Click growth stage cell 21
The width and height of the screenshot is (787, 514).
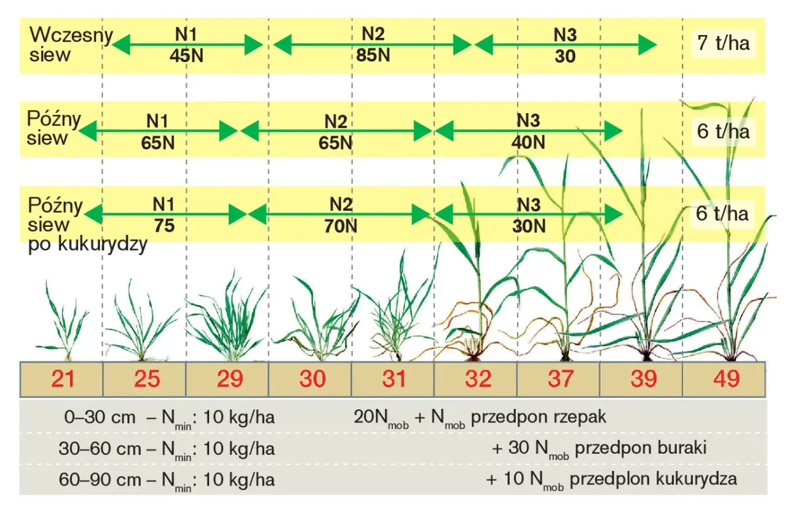pyautogui.click(x=61, y=379)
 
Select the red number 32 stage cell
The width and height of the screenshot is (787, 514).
pyautogui.click(x=475, y=379)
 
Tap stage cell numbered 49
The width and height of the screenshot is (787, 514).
pyautogui.click(x=724, y=379)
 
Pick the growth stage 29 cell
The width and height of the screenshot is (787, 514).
pyautogui.click(x=227, y=379)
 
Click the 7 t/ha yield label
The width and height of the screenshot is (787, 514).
pyautogui.click(x=724, y=43)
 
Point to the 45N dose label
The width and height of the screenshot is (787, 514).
pyautogui.click(x=186, y=55)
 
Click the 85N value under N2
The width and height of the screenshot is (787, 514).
pyautogui.click(x=373, y=55)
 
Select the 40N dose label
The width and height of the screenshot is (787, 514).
pyautogui.click(x=528, y=142)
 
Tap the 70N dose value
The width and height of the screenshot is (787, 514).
pyautogui.click(x=341, y=226)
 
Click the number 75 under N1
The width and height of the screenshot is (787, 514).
pyautogui.click(x=164, y=225)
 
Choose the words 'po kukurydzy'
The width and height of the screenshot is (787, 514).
pyautogui.click(x=87, y=244)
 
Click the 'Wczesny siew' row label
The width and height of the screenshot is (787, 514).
pyautogui.click(x=71, y=45)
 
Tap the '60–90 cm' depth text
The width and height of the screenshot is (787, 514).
pyautogui.click(x=100, y=480)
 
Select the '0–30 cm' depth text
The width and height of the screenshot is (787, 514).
pyautogui.click(x=100, y=417)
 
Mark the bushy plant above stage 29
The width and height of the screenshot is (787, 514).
pyautogui.click(x=227, y=316)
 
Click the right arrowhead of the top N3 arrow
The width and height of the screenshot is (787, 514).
pyautogui.click(x=647, y=45)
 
